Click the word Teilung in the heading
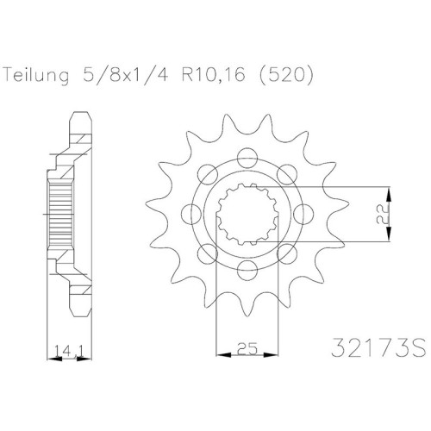coord(36,76)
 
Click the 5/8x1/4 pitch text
coord(124,75)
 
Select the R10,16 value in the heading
coord(213,75)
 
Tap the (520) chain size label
coord(285,76)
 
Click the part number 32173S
coord(378,347)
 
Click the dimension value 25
coord(247,349)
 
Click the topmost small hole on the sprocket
coord(247,157)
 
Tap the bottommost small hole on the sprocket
coord(247,270)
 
